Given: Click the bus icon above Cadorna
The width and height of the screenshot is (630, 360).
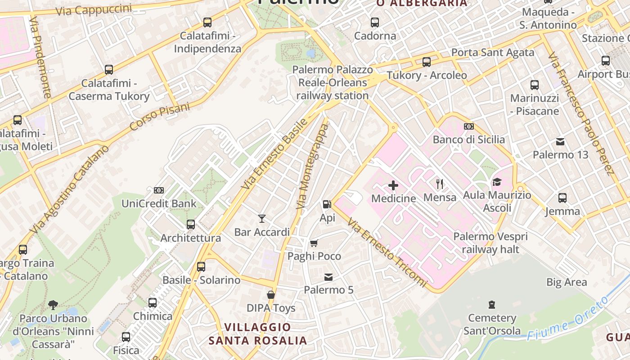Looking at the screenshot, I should point(375,22).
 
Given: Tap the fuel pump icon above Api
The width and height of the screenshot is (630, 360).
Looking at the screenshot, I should point(327,204).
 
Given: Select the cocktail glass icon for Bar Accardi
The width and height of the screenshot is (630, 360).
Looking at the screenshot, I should point(262,219).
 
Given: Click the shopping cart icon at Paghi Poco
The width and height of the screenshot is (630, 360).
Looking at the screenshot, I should point(314,243).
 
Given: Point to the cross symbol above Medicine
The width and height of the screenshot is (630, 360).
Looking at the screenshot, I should point(393,185).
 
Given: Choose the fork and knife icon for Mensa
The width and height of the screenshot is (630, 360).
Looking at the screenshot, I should point(440,184).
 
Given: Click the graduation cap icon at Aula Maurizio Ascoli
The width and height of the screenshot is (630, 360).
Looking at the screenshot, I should point(497,182).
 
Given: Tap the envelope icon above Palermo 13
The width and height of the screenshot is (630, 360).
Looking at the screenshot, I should point(560,141).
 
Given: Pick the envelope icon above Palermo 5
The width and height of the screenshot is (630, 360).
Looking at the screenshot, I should point(328,277).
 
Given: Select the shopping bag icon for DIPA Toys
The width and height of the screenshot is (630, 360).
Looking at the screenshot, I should point(271,295).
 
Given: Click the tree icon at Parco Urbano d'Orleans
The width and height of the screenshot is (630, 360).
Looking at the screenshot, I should point(53,305).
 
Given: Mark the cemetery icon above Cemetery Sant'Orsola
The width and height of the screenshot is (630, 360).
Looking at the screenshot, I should point(492,305).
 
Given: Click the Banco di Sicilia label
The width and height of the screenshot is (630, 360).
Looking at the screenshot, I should point(468,139).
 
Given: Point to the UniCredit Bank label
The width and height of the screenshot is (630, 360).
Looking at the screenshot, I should point(159,203).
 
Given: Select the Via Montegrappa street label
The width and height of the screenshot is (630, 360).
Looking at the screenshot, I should point(313,166).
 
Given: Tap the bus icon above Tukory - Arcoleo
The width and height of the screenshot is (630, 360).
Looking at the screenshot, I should point(427,62).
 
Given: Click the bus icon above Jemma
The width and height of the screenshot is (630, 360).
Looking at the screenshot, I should point(562,198).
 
